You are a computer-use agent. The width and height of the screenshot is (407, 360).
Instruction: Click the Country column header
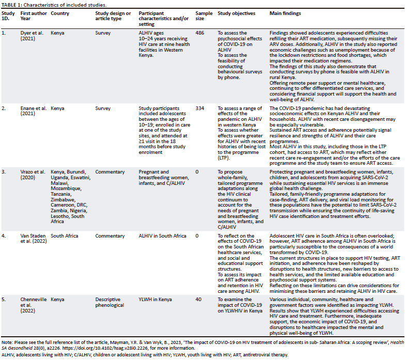click(x=60, y=13)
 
